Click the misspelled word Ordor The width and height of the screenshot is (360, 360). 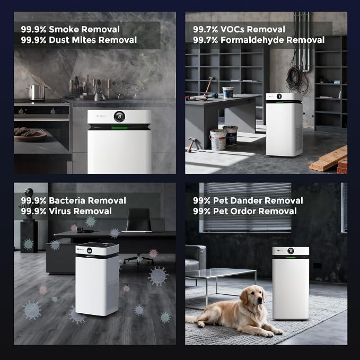pos(240,211)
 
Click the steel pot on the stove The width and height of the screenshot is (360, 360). pos(37,92)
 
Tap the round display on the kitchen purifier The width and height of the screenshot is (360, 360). pos(119,117)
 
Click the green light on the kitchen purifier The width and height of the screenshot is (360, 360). pos(119,128)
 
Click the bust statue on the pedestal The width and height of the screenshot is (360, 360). pos(29,204)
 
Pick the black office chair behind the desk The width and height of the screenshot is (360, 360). pos(139,232)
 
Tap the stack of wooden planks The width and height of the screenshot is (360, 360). pos(329,159)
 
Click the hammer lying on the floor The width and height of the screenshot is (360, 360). pos(191,145)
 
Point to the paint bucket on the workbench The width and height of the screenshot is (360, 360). pos(228,92)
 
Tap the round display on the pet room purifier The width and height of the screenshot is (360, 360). pos(291,251)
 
